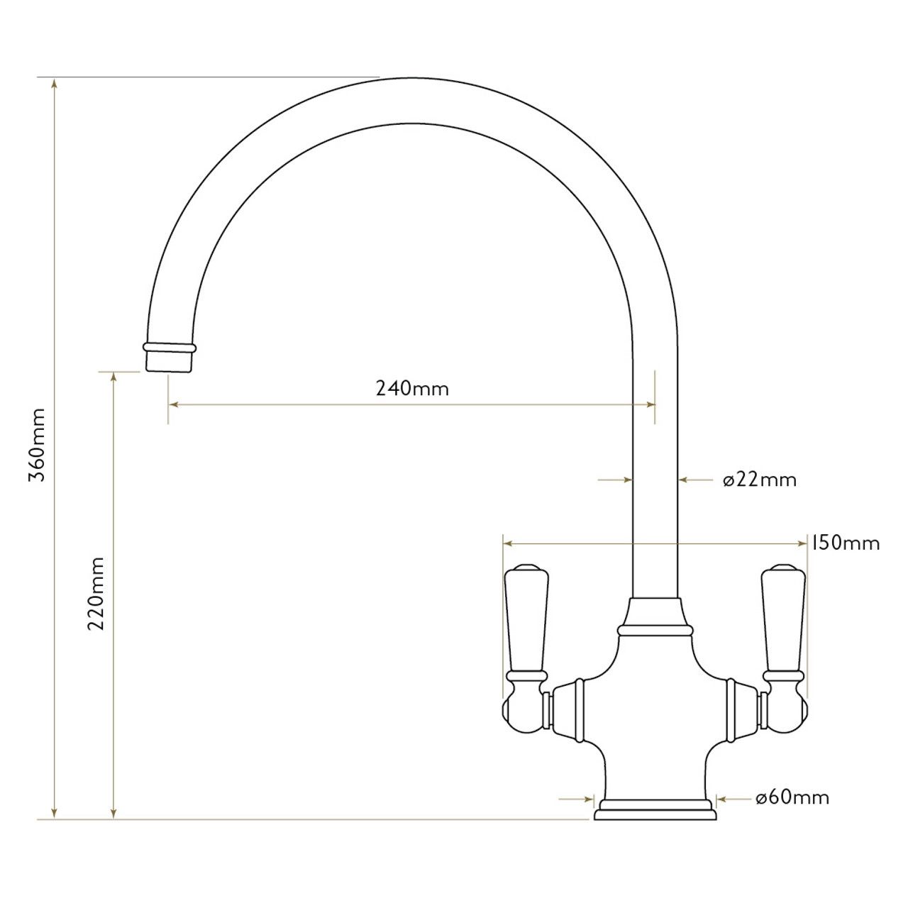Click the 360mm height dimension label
(36, 445)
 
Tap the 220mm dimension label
(95, 593)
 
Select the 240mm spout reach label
(412, 388)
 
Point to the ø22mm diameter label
(760, 480)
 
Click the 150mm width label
(845, 543)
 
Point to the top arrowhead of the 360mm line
(55, 82)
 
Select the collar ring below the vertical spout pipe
(655, 629)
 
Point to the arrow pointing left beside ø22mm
(683, 480)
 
